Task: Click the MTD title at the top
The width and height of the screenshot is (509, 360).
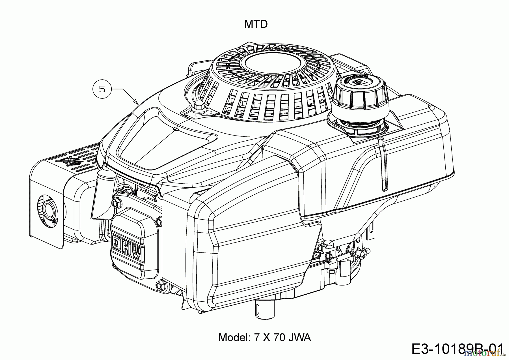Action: (256, 24)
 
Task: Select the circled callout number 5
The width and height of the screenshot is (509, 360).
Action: (102, 89)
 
